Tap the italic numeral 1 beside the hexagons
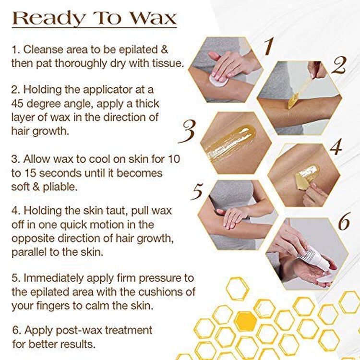pyautogui.click(x=269, y=47)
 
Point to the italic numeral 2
pyautogui.click(x=339, y=65)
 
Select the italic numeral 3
pyautogui.click(x=187, y=132)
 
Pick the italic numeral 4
pyautogui.click(x=336, y=147)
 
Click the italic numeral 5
pyautogui.click(x=197, y=191)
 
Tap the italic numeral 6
pyautogui.click(x=344, y=221)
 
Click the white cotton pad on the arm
pyautogui.click(x=218, y=80)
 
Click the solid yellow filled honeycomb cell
pyautogui.click(x=245, y=321)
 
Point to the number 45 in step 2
pyautogui.click(x=17, y=104)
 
